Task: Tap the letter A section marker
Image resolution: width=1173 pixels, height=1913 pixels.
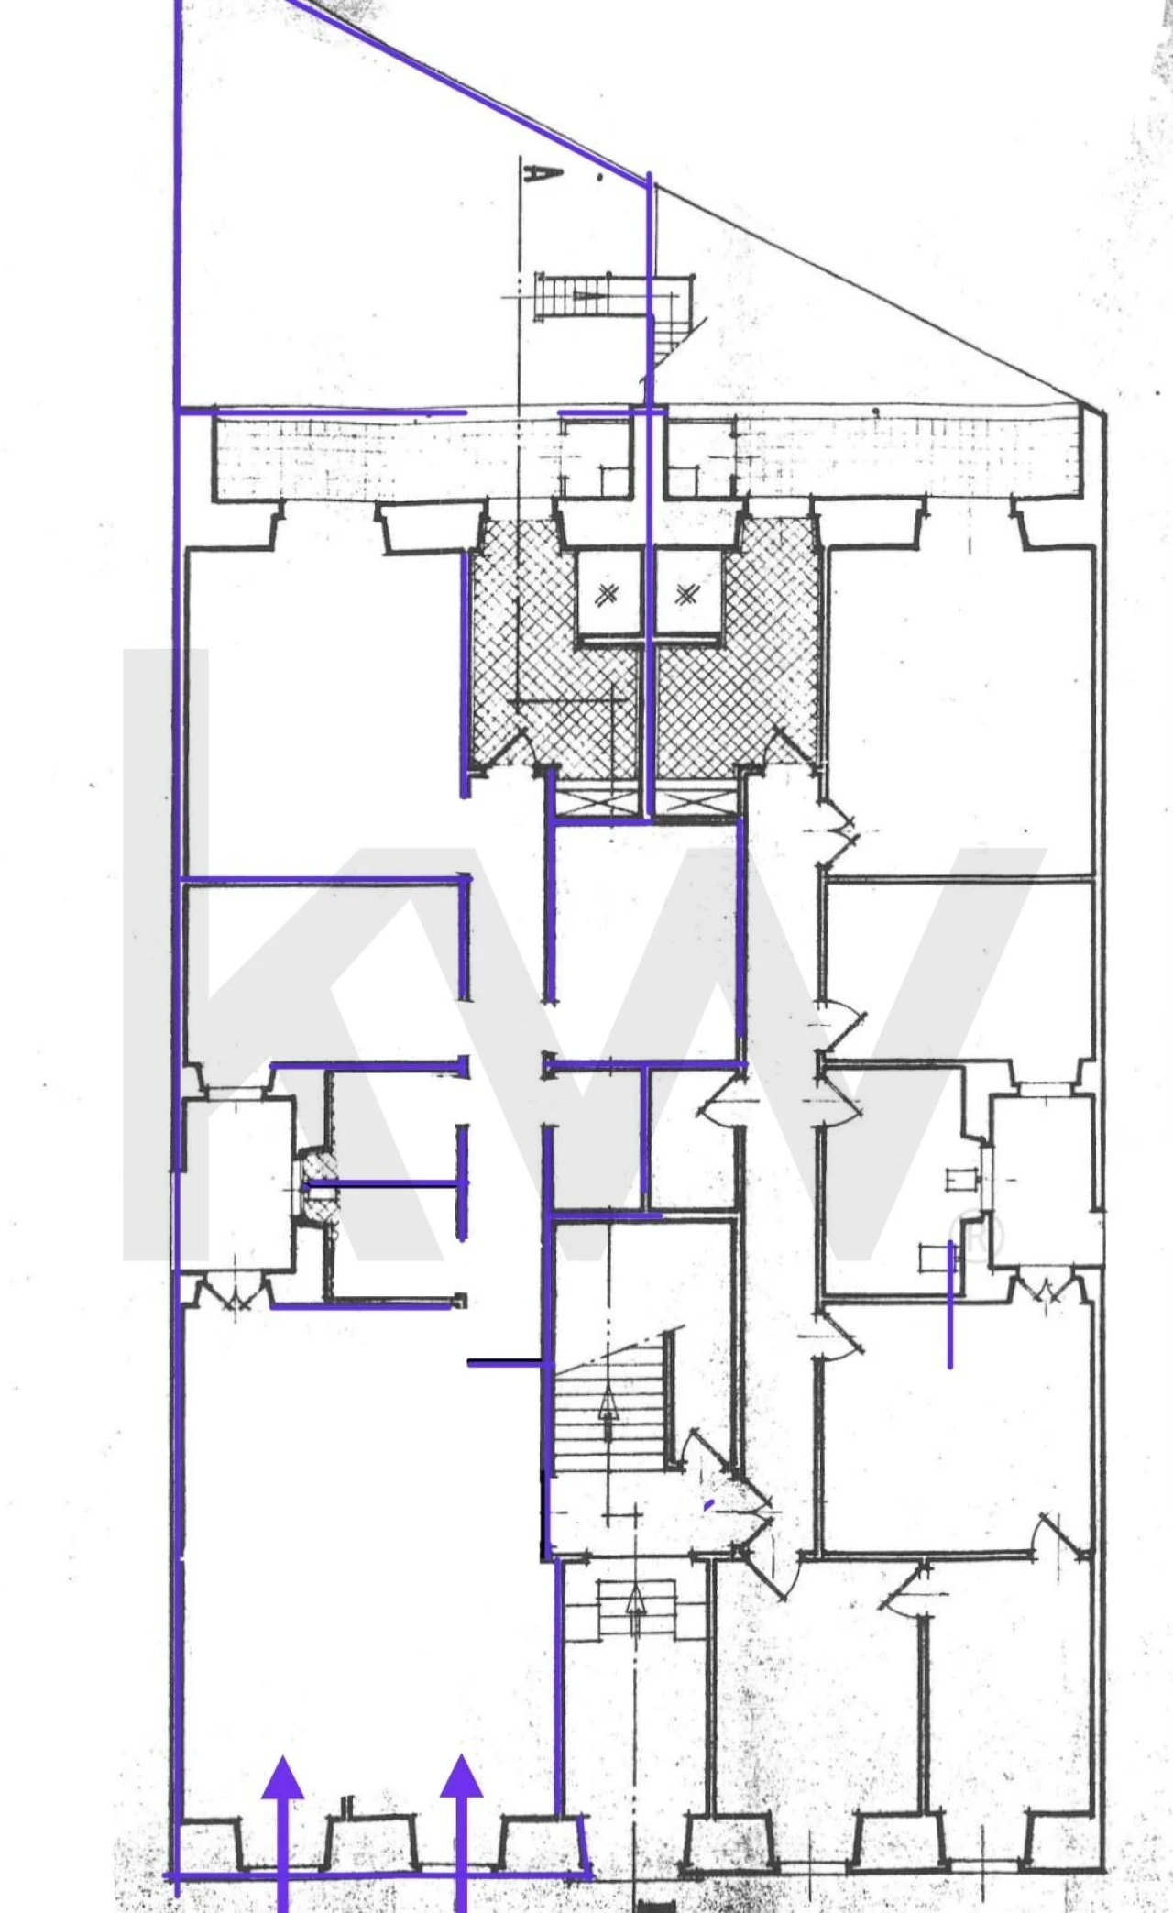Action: [530, 171]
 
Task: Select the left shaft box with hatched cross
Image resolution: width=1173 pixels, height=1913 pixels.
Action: [605, 595]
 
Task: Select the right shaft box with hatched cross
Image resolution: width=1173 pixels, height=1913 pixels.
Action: [686, 595]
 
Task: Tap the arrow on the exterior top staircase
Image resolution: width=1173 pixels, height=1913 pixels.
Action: [586, 295]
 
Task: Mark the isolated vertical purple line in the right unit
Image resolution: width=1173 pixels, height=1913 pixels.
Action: [950, 1305]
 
